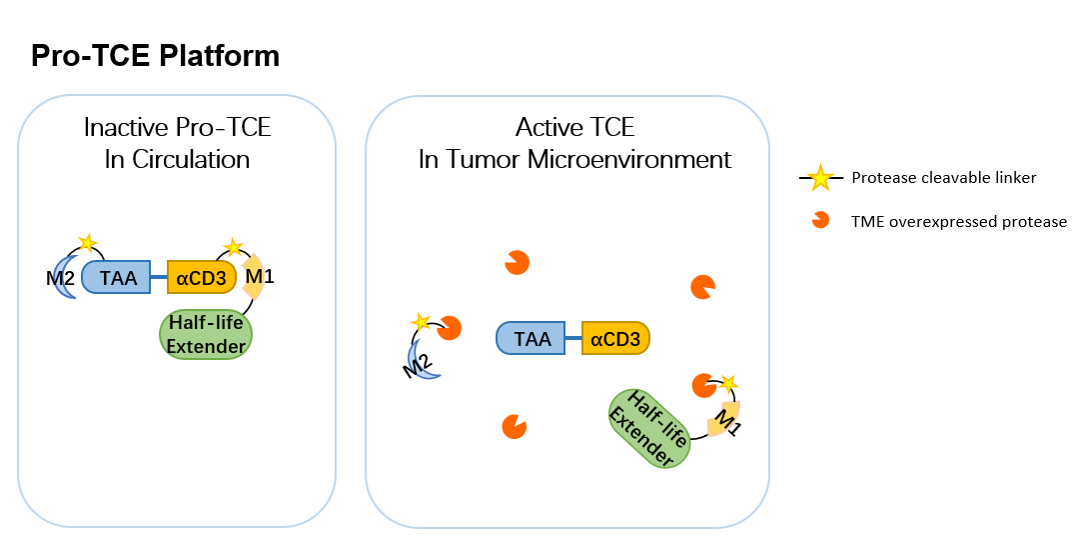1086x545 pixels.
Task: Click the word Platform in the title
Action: pyautogui.click(x=219, y=55)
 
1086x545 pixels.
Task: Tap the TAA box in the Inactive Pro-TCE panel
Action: pyautogui.click(x=116, y=277)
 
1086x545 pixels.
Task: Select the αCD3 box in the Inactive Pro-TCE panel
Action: pyautogui.click(x=202, y=277)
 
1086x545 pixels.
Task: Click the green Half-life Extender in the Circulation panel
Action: pyautogui.click(x=206, y=334)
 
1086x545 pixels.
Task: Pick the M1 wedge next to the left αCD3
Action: pyautogui.click(x=255, y=277)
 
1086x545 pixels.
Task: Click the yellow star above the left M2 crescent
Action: pyautogui.click(x=87, y=243)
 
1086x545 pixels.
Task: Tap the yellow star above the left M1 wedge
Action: pyautogui.click(x=234, y=247)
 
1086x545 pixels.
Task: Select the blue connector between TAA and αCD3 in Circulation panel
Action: pyautogui.click(x=159, y=277)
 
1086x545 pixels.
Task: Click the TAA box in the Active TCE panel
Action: pyautogui.click(x=531, y=338)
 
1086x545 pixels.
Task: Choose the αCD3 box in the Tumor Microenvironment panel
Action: pyautogui.click(x=615, y=338)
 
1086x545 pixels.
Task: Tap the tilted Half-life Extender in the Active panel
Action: pyautogui.click(x=649, y=428)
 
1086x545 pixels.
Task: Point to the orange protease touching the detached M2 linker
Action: pyautogui.click(x=450, y=328)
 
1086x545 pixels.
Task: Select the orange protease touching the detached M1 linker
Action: pyautogui.click(x=704, y=386)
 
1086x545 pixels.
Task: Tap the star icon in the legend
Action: pyautogui.click(x=820, y=178)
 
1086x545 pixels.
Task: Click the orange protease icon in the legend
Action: pyautogui.click(x=820, y=220)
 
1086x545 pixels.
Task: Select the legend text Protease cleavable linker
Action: pyautogui.click(x=943, y=178)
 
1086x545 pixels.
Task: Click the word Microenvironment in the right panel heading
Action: pyautogui.click(x=628, y=159)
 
